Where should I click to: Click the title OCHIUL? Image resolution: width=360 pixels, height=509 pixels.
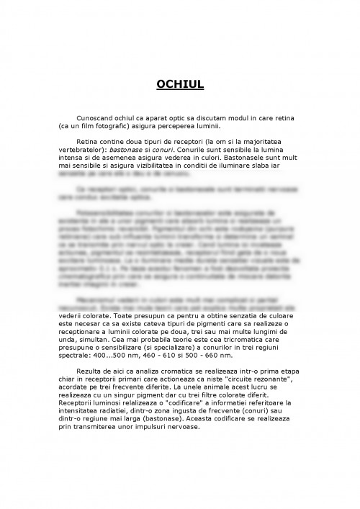point(180,86)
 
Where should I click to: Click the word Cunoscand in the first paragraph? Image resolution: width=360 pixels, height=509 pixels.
point(98,117)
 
